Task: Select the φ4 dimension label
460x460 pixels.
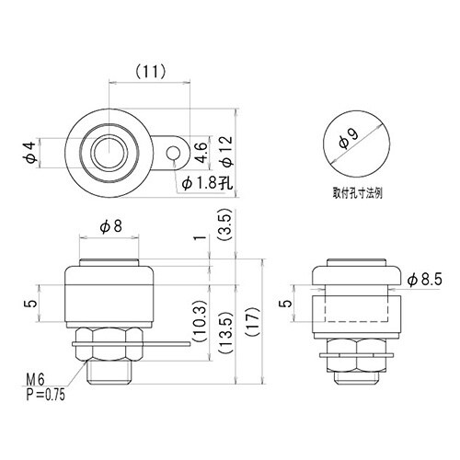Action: (x=29, y=153)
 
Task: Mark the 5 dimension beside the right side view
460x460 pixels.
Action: (x=286, y=302)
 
